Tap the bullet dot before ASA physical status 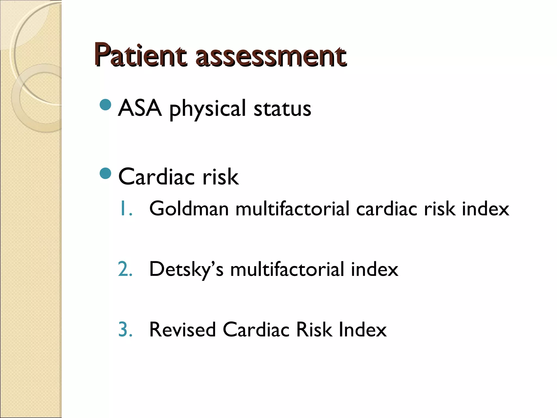click(106, 105)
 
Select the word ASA click(140, 108)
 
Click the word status click(282, 109)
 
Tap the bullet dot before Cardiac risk click(106, 174)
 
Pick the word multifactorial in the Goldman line click(292, 209)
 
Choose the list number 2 click(125, 269)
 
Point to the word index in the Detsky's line click(375, 269)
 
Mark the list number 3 click(125, 330)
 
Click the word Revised click(182, 330)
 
